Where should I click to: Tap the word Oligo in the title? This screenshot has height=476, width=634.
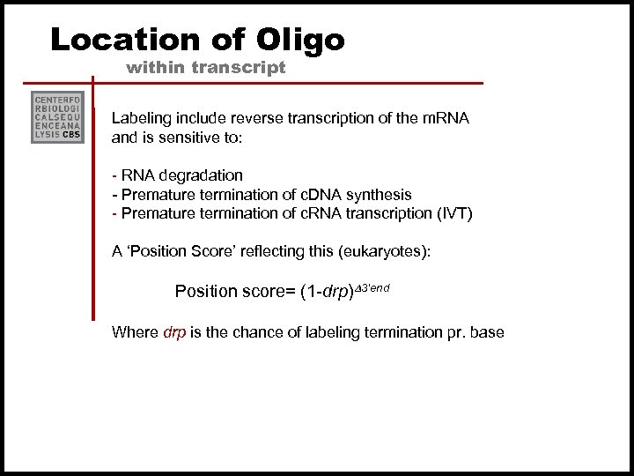click(303, 39)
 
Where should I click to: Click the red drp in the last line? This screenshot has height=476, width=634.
click(174, 332)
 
